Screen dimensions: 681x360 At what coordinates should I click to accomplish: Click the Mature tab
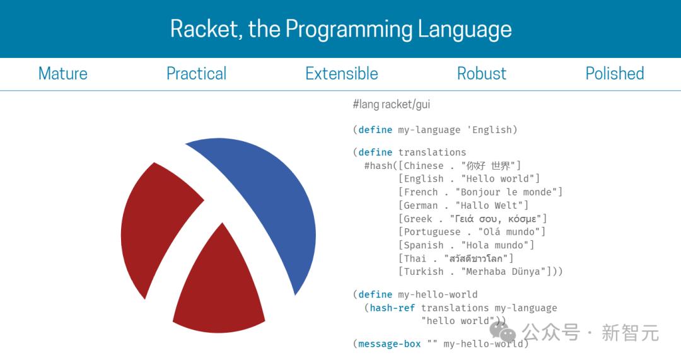click(x=63, y=73)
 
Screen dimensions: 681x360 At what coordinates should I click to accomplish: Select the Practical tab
click(x=196, y=74)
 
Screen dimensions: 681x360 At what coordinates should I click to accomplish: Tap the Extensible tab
click(x=342, y=73)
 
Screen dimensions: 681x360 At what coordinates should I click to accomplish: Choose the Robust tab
click(x=482, y=73)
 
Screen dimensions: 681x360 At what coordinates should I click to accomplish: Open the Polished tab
click(x=615, y=73)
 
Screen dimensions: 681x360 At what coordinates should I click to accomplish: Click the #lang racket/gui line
click(x=392, y=104)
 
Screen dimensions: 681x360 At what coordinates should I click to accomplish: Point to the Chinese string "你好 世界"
click(x=488, y=165)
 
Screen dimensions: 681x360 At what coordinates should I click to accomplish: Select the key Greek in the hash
click(x=418, y=219)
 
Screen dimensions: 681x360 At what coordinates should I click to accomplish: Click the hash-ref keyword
click(x=392, y=308)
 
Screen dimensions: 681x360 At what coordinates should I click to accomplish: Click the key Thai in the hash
click(x=415, y=259)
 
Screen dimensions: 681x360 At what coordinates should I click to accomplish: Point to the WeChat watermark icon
click(x=503, y=332)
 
